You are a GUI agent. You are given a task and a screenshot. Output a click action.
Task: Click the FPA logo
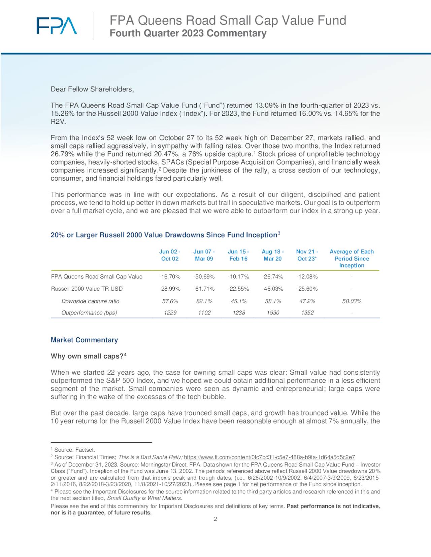click(x=57, y=26)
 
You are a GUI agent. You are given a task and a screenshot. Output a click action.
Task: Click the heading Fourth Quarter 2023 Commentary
click(x=188, y=33)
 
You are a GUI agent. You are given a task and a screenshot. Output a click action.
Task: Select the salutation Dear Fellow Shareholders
click(x=92, y=89)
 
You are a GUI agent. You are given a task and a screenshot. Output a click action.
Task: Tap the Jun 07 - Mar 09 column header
click(x=204, y=255)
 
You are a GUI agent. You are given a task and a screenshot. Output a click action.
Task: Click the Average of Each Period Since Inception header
click(x=352, y=258)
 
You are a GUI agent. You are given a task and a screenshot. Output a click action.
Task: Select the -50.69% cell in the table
click(x=204, y=276)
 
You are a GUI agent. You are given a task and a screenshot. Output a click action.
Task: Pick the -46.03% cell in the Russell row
click(x=272, y=289)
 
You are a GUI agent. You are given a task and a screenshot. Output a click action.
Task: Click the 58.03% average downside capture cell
click(x=352, y=301)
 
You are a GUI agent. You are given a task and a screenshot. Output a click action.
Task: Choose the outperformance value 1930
click(x=273, y=312)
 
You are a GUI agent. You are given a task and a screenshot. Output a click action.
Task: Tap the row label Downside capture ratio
click(x=90, y=301)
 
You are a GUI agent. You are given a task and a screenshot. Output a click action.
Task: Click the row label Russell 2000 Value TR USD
click(x=87, y=289)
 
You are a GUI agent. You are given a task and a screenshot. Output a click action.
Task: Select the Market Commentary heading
click(x=84, y=340)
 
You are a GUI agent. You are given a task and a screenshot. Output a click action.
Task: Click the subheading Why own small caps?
click(x=87, y=356)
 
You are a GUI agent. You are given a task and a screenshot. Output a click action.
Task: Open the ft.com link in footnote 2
click(x=269, y=457)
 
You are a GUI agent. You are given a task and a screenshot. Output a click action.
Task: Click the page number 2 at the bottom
click(x=215, y=519)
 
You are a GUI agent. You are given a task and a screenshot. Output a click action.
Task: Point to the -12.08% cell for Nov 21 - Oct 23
click(x=307, y=276)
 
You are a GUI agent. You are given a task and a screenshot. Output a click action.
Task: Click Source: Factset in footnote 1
click(x=75, y=450)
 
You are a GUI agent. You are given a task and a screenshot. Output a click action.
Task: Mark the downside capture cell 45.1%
click(x=238, y=301)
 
